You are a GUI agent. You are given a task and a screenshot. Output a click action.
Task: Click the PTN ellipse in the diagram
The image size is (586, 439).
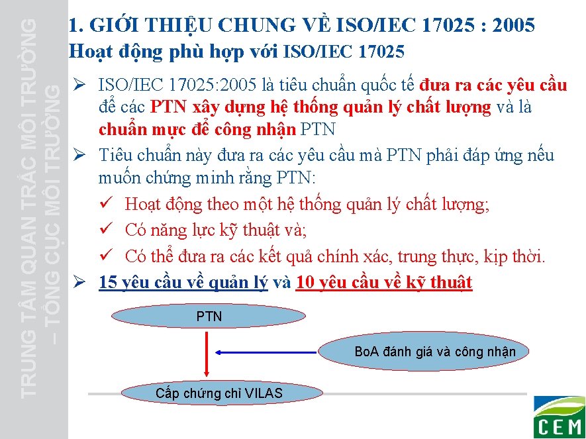pos(209,317)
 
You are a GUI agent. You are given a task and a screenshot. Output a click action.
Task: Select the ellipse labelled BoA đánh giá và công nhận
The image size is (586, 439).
pos(434,352)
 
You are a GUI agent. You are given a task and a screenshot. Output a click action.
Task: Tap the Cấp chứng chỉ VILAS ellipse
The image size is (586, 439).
pos(219,393)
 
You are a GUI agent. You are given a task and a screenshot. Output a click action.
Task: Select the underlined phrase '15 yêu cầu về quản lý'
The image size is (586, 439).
pos(183,283)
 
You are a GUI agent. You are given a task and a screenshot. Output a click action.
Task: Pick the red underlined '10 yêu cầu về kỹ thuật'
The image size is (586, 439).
pos(384,283)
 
